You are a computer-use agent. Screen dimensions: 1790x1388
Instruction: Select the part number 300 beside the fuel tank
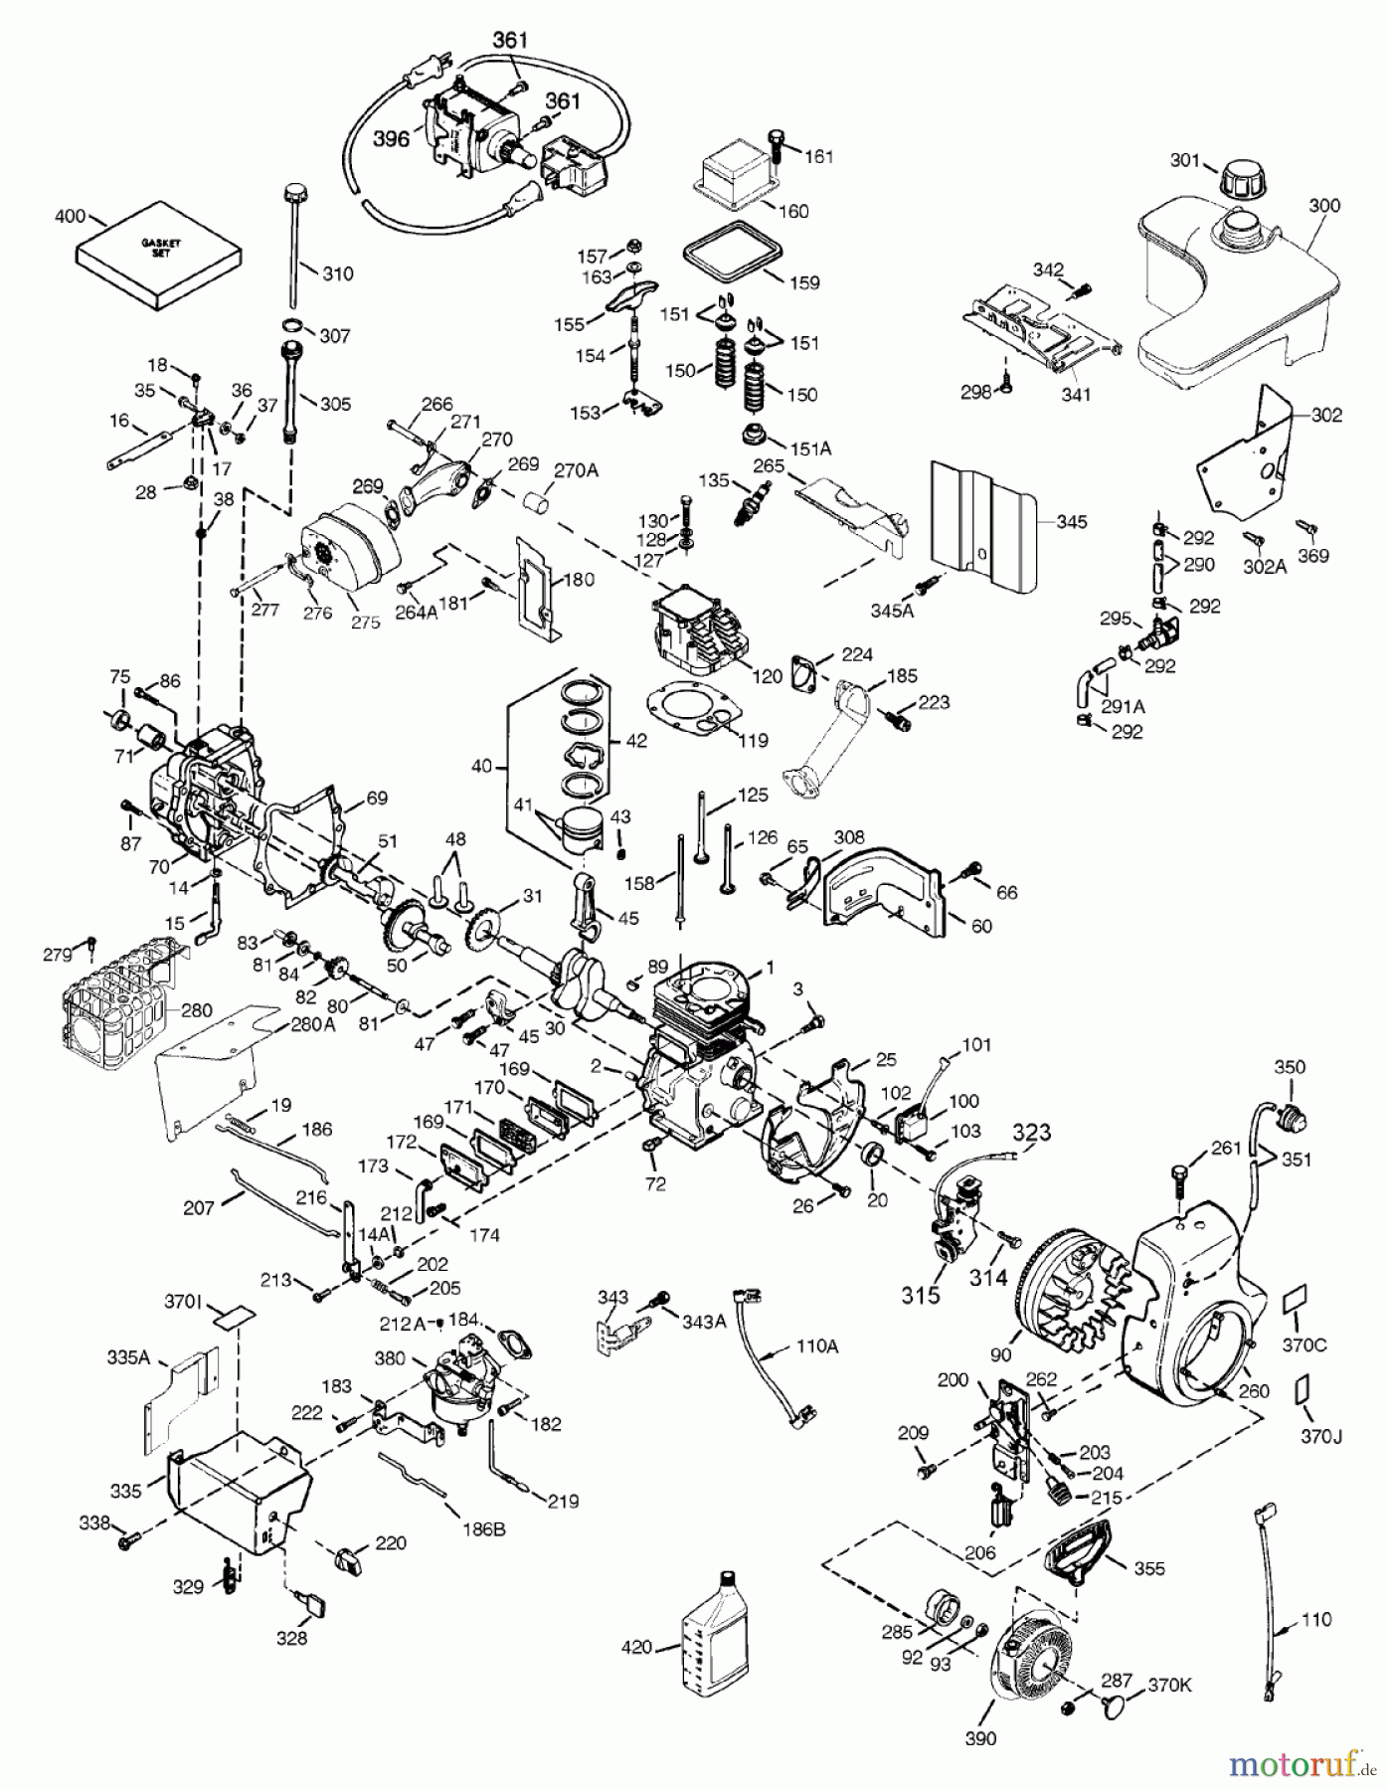point(1323,206)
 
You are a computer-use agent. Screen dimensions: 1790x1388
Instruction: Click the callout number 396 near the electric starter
point(391,140)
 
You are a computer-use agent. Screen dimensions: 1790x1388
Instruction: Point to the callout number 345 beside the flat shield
point(1071,521)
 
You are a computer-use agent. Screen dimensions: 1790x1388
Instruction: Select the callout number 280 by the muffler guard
point(195,1011)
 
